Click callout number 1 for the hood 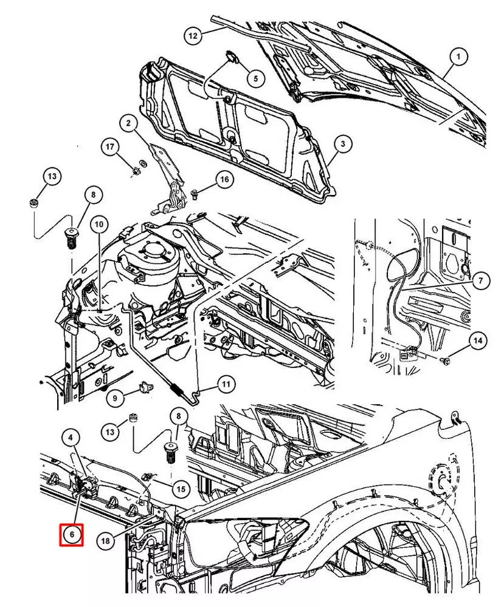[x=459, y=58]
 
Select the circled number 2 [x=128, y=124]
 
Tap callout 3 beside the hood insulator [x=342, y=144]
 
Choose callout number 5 [x=255, y=78]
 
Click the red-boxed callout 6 [x=71, y=534]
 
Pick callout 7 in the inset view [x=479, y=280]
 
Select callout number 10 [x=99, y=224]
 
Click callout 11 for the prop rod [x=226, y=384]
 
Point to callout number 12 [x=193, y=36]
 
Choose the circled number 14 [x=477, y=341]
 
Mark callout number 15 [x=180, y=487]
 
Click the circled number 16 [x=224, y=180]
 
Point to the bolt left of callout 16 [x=195, y=194]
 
